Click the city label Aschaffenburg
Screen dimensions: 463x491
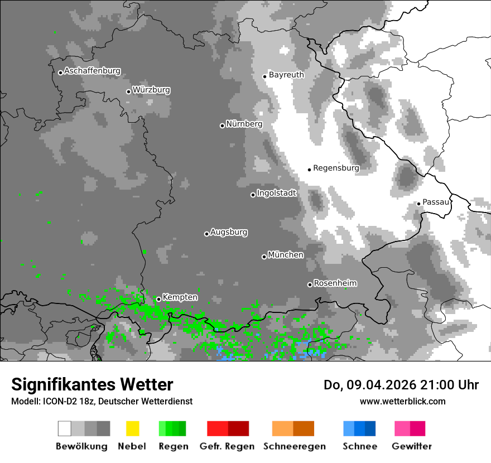(92, 71)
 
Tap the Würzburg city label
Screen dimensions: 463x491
(151, 90)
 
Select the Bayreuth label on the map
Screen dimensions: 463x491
(286, 75)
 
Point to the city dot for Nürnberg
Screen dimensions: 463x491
(222, 126)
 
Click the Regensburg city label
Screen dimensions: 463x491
(336, 168)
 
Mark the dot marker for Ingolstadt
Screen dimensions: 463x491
(253, 195)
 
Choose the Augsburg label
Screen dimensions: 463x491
(229, 232)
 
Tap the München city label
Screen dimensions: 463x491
(286, 255)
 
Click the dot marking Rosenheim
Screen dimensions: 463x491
(310, 284)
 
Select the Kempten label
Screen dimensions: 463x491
(180, 297)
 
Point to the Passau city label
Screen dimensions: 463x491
(436, 202)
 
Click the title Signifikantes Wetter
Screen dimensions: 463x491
(92, 384)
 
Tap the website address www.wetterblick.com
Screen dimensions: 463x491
(402, 401)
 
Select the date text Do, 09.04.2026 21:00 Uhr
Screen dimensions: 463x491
(401, 385)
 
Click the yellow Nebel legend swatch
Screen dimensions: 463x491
(132, 428)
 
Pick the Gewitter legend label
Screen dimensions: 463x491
(411, 446)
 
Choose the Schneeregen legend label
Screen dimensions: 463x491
(295, 446)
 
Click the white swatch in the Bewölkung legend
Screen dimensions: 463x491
(65, 428)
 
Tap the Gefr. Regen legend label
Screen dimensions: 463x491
(227, 446)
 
